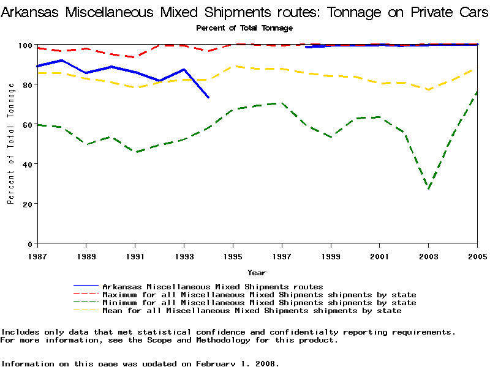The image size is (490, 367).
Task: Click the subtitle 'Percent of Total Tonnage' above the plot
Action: point(244,28)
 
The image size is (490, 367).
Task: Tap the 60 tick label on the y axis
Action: point(28,125)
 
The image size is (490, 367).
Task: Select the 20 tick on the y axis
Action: point(28,204)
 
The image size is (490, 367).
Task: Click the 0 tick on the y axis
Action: point(30,243)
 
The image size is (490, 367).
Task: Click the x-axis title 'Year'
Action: point(257,272)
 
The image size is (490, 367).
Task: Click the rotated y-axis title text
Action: point(11,144)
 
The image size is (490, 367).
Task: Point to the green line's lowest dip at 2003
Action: point(429,189)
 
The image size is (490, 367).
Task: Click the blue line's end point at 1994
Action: point(208,97)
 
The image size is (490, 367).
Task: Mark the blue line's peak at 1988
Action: point(61,60)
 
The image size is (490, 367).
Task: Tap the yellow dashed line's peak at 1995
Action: point(233,66)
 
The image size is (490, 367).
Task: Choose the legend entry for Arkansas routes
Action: point(213,286)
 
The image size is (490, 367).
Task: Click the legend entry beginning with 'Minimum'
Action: point(259,302)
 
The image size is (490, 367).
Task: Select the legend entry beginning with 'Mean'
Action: point(252,310)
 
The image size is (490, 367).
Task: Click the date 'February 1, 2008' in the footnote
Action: point(236,363)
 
